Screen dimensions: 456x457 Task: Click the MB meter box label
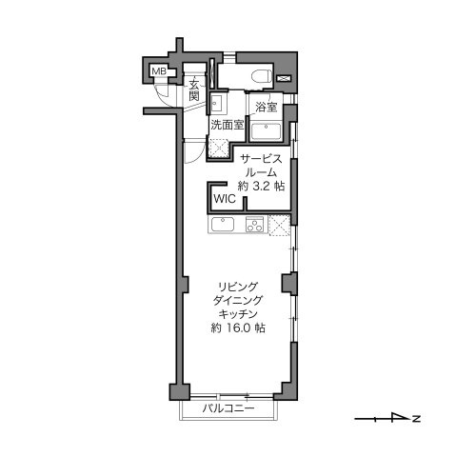tap(159, 71)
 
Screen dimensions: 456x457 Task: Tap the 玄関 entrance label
tap(194, 89)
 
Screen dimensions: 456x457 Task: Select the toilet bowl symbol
tap(262, 77)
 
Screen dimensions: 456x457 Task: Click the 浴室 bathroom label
tap(267, 107)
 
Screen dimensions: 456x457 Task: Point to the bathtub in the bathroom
tap(266, 131)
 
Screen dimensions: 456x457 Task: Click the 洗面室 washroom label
tap(228, 125)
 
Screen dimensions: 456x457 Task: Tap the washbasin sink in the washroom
tap(218, 104)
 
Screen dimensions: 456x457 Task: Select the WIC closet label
tap(225, 199)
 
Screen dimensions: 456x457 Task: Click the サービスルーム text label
tap(261, 166)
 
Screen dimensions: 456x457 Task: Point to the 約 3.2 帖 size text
tap(261, 186)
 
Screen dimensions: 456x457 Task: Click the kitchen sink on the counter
tap(223, 225)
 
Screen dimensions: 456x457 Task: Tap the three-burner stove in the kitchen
tap(254, 225)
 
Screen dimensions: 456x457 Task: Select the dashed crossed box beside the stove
tap(280, 226)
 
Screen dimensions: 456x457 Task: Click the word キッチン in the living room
tap(238, 314)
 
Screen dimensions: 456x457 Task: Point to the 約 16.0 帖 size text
tap(238, 328)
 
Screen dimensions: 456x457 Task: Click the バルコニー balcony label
tap(228, 408)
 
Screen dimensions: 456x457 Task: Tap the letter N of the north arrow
tap(416, 419)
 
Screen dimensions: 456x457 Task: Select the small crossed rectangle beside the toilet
tap(284, 78)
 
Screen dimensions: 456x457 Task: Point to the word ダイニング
tap(238, 300)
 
